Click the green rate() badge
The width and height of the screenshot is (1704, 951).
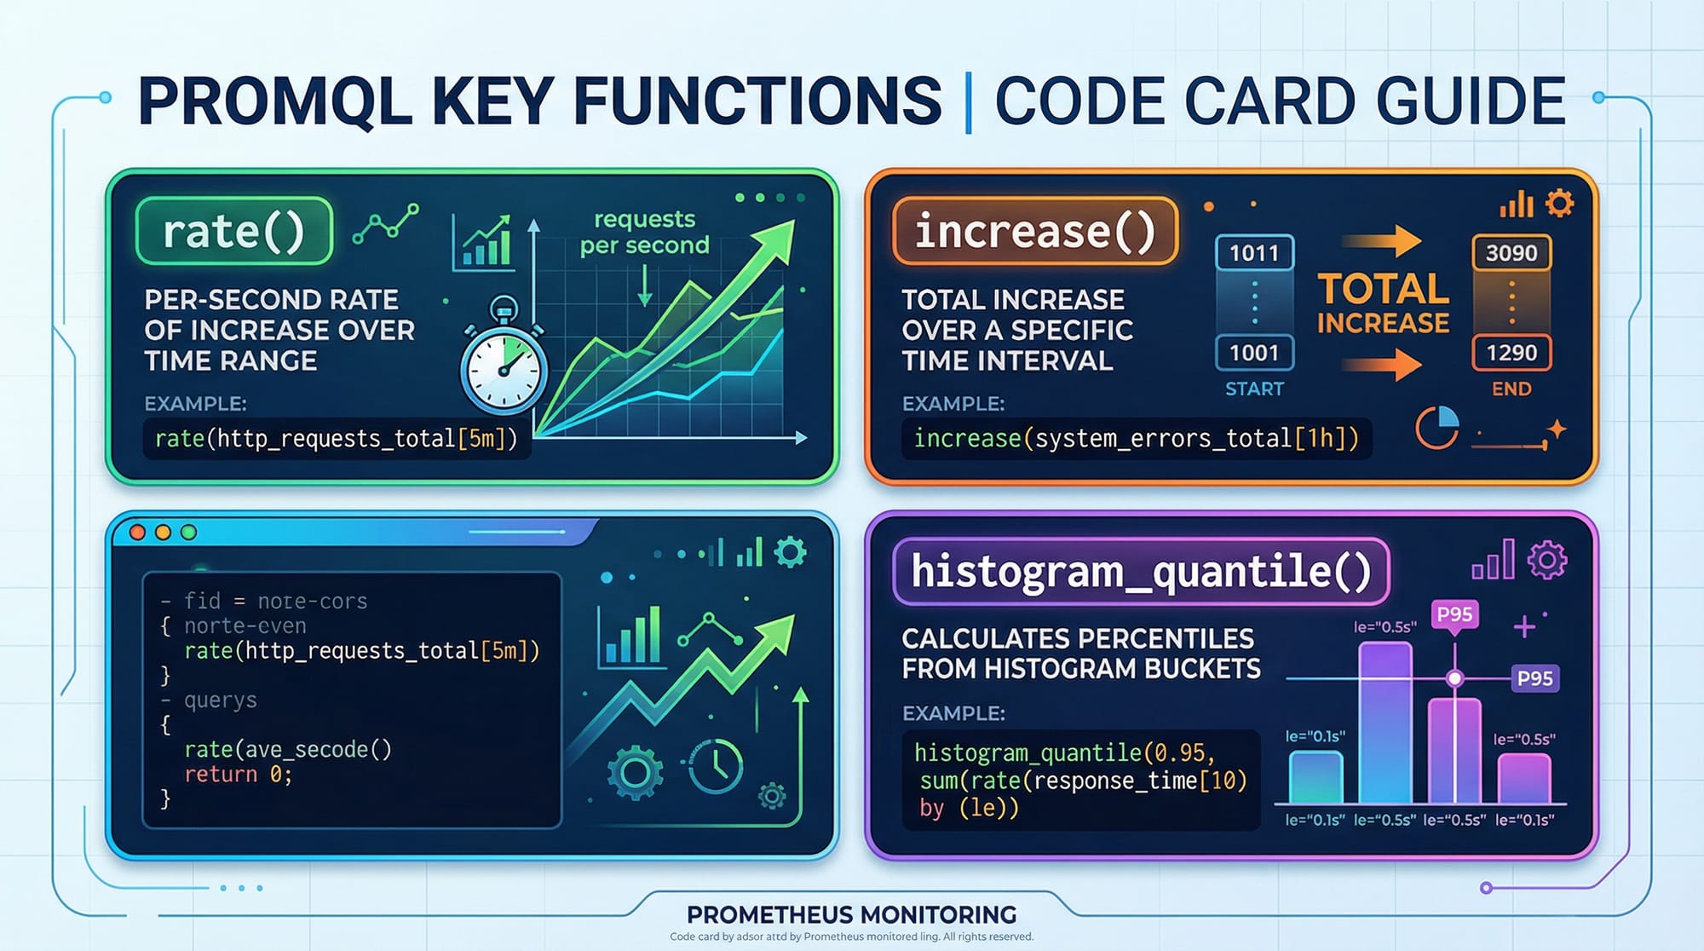tap(233, 230)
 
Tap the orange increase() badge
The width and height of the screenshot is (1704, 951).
tap(1035, 230)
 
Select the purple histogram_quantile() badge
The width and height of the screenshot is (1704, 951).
tap(1141, 571)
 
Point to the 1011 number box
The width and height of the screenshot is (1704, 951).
tap(1254, 253)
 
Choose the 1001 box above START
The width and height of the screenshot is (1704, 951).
tap(1254, 352)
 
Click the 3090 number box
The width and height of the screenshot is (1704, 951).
tap(1511, 253)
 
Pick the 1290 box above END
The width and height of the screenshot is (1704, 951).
tap(1511, 352)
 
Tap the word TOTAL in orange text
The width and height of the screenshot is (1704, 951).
tap(1384, 289)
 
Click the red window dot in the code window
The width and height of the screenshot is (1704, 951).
tap(137, 532)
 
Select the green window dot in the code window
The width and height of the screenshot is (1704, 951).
tap(188, 532)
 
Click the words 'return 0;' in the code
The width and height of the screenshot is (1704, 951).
tap(239, 775)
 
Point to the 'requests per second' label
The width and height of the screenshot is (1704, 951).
tap(645, 232)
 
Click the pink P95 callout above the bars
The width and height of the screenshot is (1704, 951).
tap(1454, 614)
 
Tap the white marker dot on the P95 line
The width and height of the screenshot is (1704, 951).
tap(1455, 678)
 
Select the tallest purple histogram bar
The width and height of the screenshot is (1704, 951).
tap(1385, 723)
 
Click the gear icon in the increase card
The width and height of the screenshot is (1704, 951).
tap(1559, 204)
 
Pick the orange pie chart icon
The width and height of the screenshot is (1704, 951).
tap(1437, 428)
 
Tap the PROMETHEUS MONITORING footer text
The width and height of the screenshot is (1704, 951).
tap(852, 914)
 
